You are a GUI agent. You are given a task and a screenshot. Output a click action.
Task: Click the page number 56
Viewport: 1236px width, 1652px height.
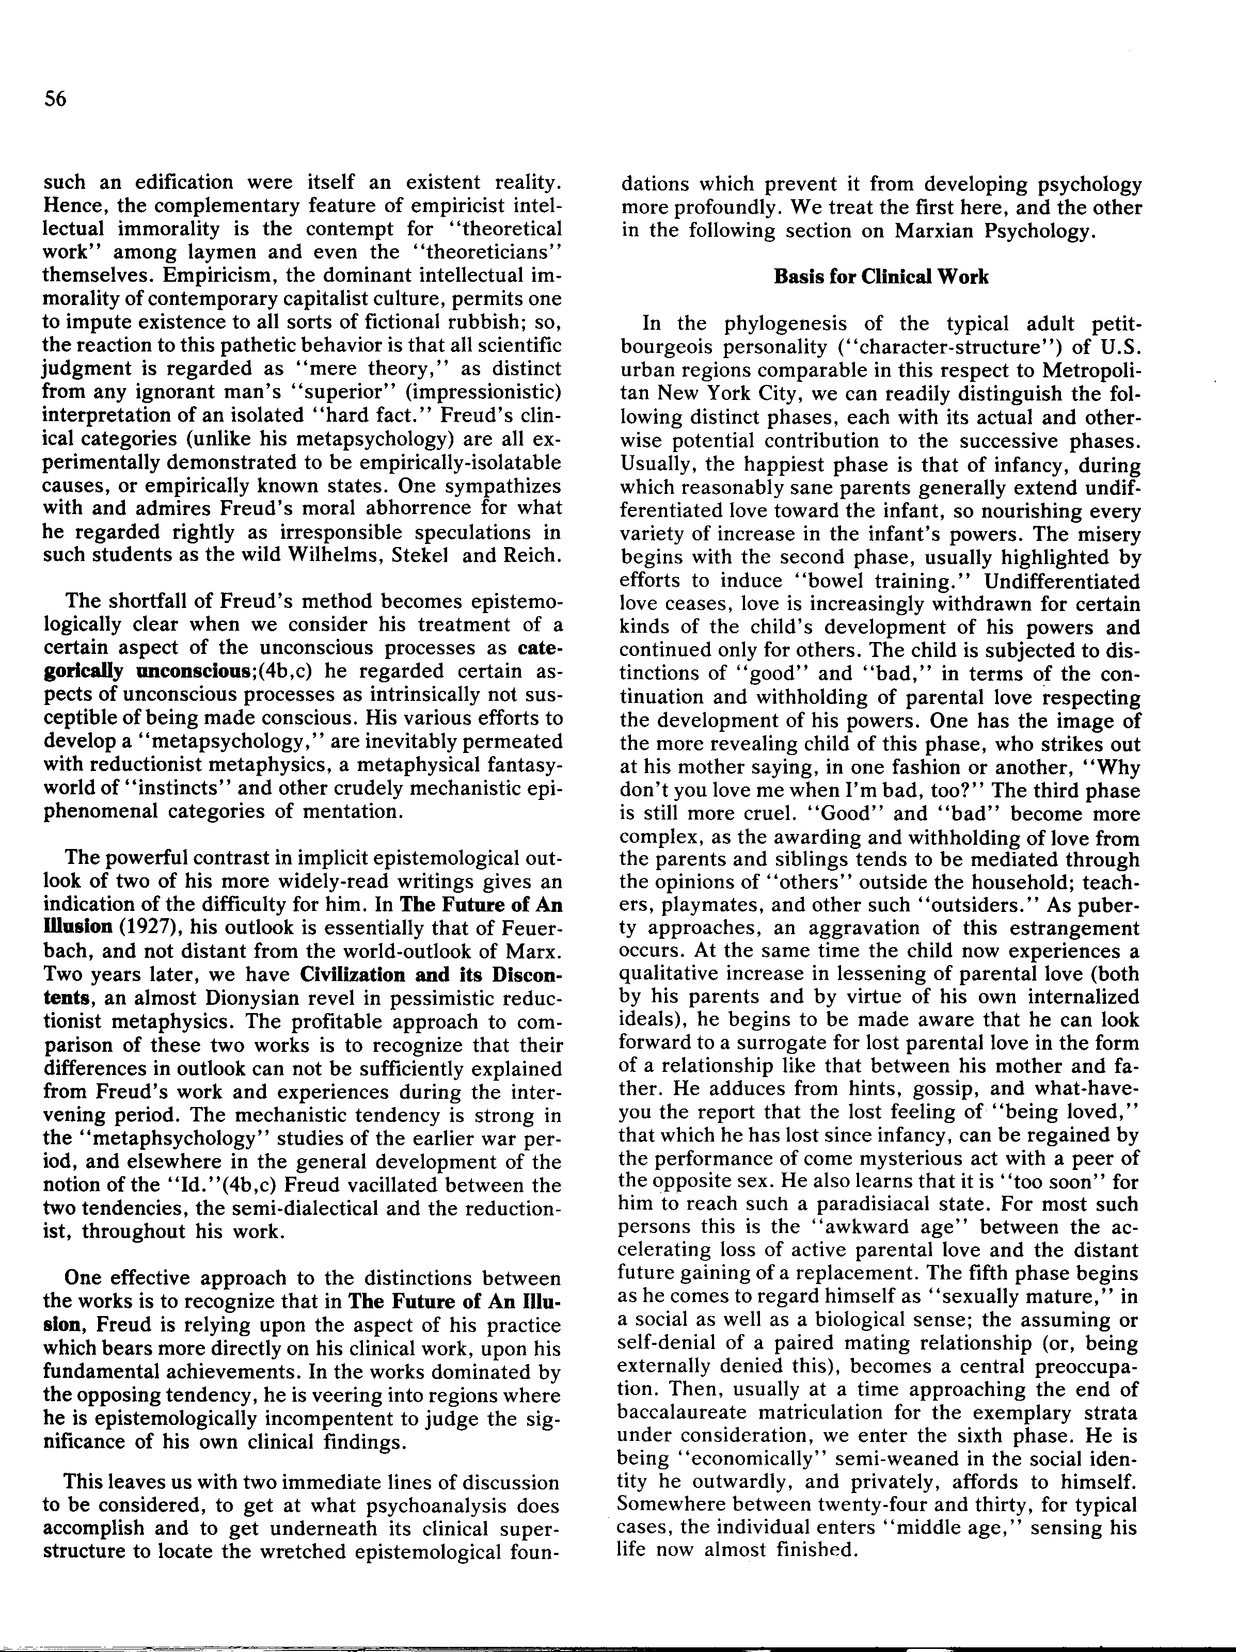pyautogui.click(x=55, y=99)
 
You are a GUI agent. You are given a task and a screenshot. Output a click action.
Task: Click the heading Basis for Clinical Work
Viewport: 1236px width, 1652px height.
pyautogui.click(x=880, y=277)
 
